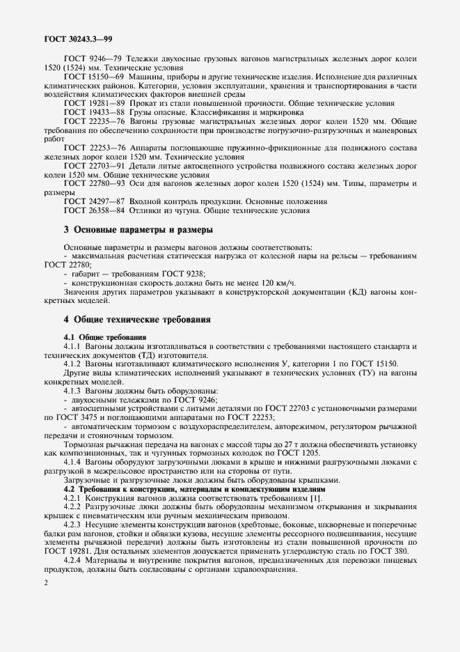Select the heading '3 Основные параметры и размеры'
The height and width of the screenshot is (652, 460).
138,229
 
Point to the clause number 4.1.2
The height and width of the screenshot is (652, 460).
75,364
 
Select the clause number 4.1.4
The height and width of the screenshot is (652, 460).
75,462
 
